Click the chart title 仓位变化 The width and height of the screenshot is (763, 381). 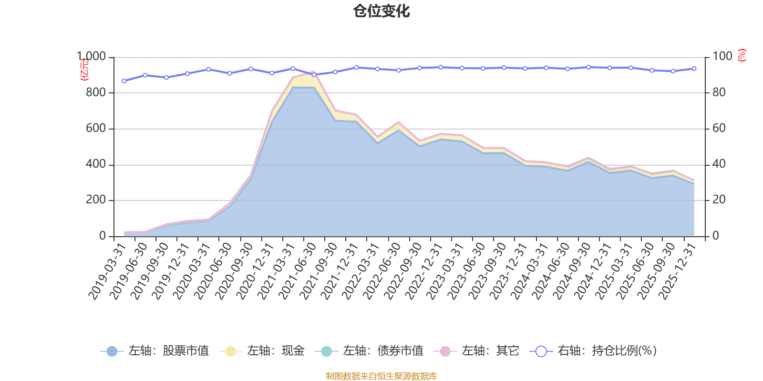coord(381,11)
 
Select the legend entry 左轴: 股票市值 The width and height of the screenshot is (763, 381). coord(155,351)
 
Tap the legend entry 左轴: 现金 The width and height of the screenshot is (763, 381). coord(262,351)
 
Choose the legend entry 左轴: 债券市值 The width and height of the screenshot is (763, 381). coord(369,351)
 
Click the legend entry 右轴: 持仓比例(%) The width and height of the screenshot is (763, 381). coord(593,351)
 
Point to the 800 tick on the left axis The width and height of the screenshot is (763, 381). coord(95,92)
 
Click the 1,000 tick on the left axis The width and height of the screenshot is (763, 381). coord(92,57)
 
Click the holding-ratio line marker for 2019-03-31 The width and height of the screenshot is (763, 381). coord(124,81)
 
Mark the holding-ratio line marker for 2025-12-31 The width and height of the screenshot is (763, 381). coord(694,69)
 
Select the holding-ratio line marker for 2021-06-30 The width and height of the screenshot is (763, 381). coord(314,75)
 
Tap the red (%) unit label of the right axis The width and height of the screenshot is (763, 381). coord(742,55)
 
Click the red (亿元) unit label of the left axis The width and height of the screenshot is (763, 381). coord(83,70)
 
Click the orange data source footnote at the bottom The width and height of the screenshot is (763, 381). coord(381,376)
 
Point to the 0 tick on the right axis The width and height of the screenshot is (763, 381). coord(715,236)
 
